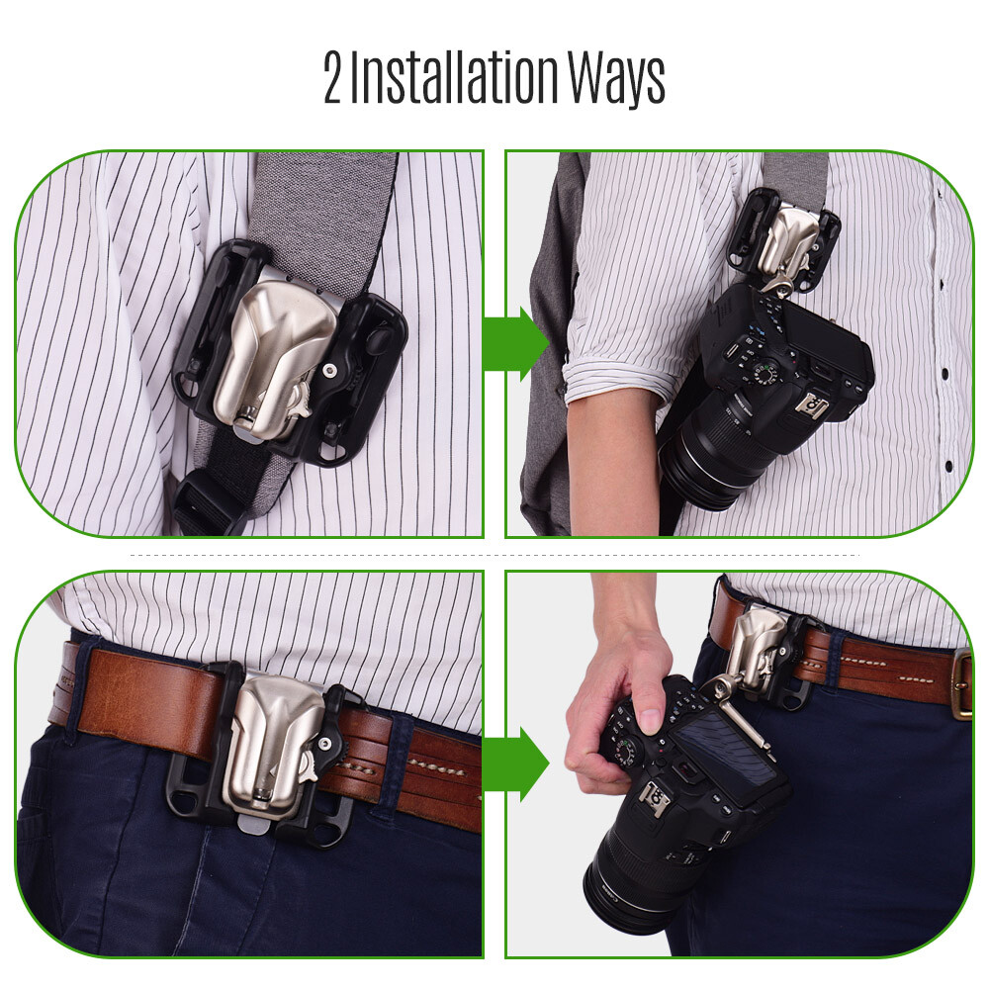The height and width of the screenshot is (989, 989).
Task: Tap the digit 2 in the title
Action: coord(333,79)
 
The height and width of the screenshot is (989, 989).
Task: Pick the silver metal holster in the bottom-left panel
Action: coord(270,737)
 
